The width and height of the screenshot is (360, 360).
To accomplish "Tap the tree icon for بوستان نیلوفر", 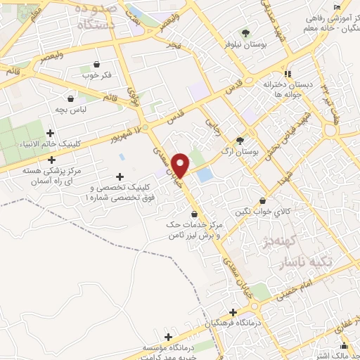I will coord(245,33).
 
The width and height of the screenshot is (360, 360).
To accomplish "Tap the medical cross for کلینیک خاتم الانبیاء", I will coord(49,132).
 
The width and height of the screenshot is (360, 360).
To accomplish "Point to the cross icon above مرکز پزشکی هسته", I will coord(51,160).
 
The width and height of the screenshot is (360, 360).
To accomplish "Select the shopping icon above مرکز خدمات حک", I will coord(195,213).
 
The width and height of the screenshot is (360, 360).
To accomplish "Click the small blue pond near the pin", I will coord(205,175).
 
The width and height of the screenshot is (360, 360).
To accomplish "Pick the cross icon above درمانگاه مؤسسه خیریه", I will coord(167,337).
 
